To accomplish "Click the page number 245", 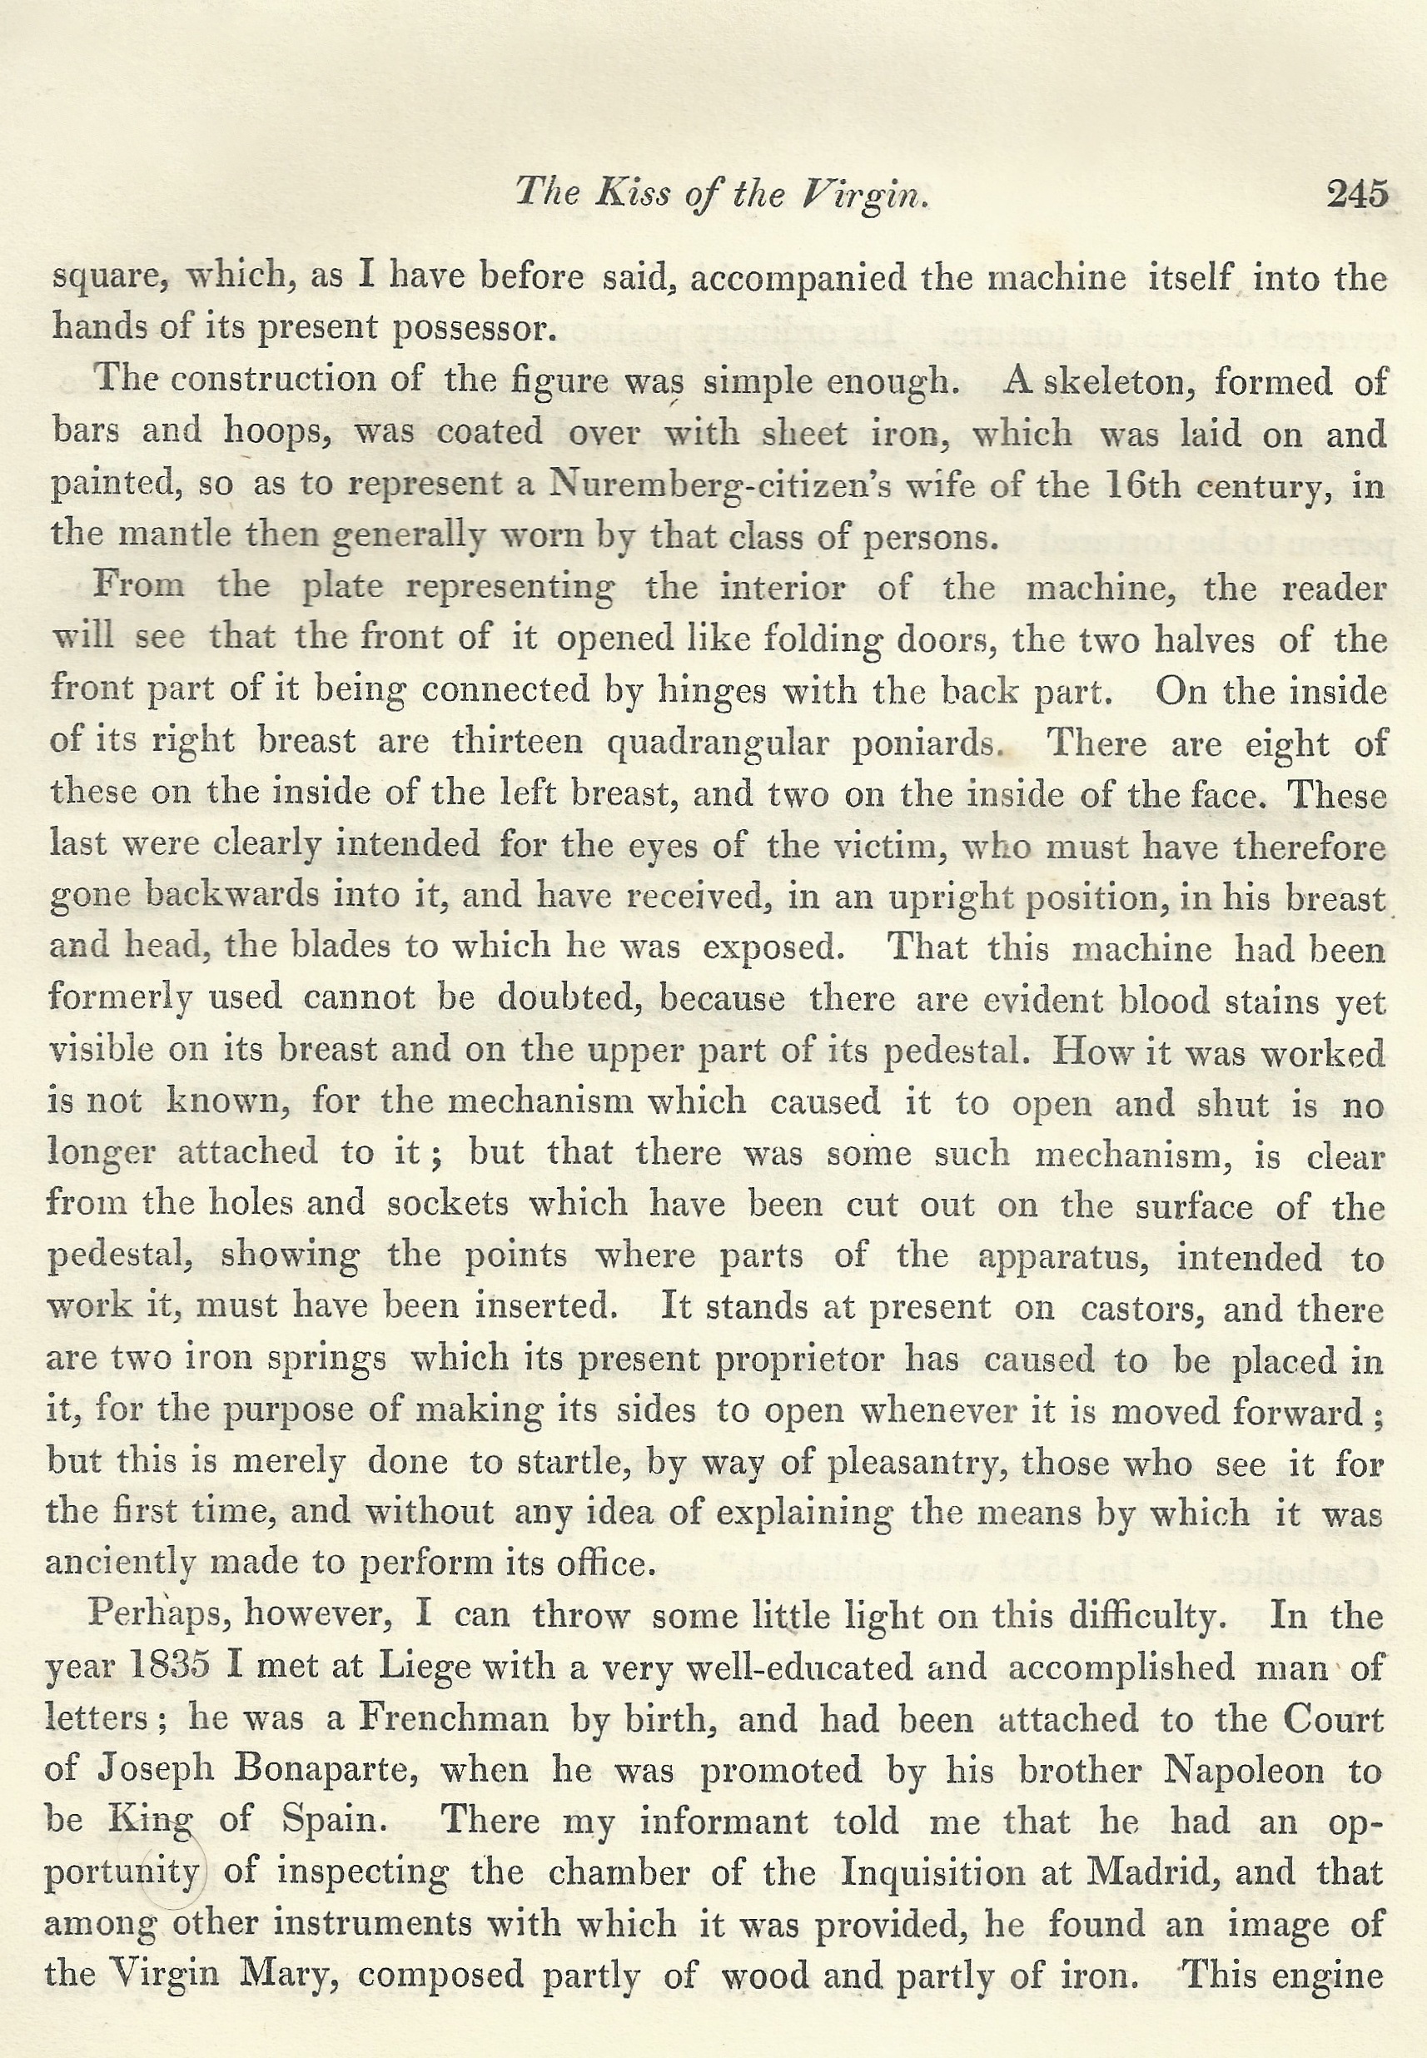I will point(1357,193).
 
